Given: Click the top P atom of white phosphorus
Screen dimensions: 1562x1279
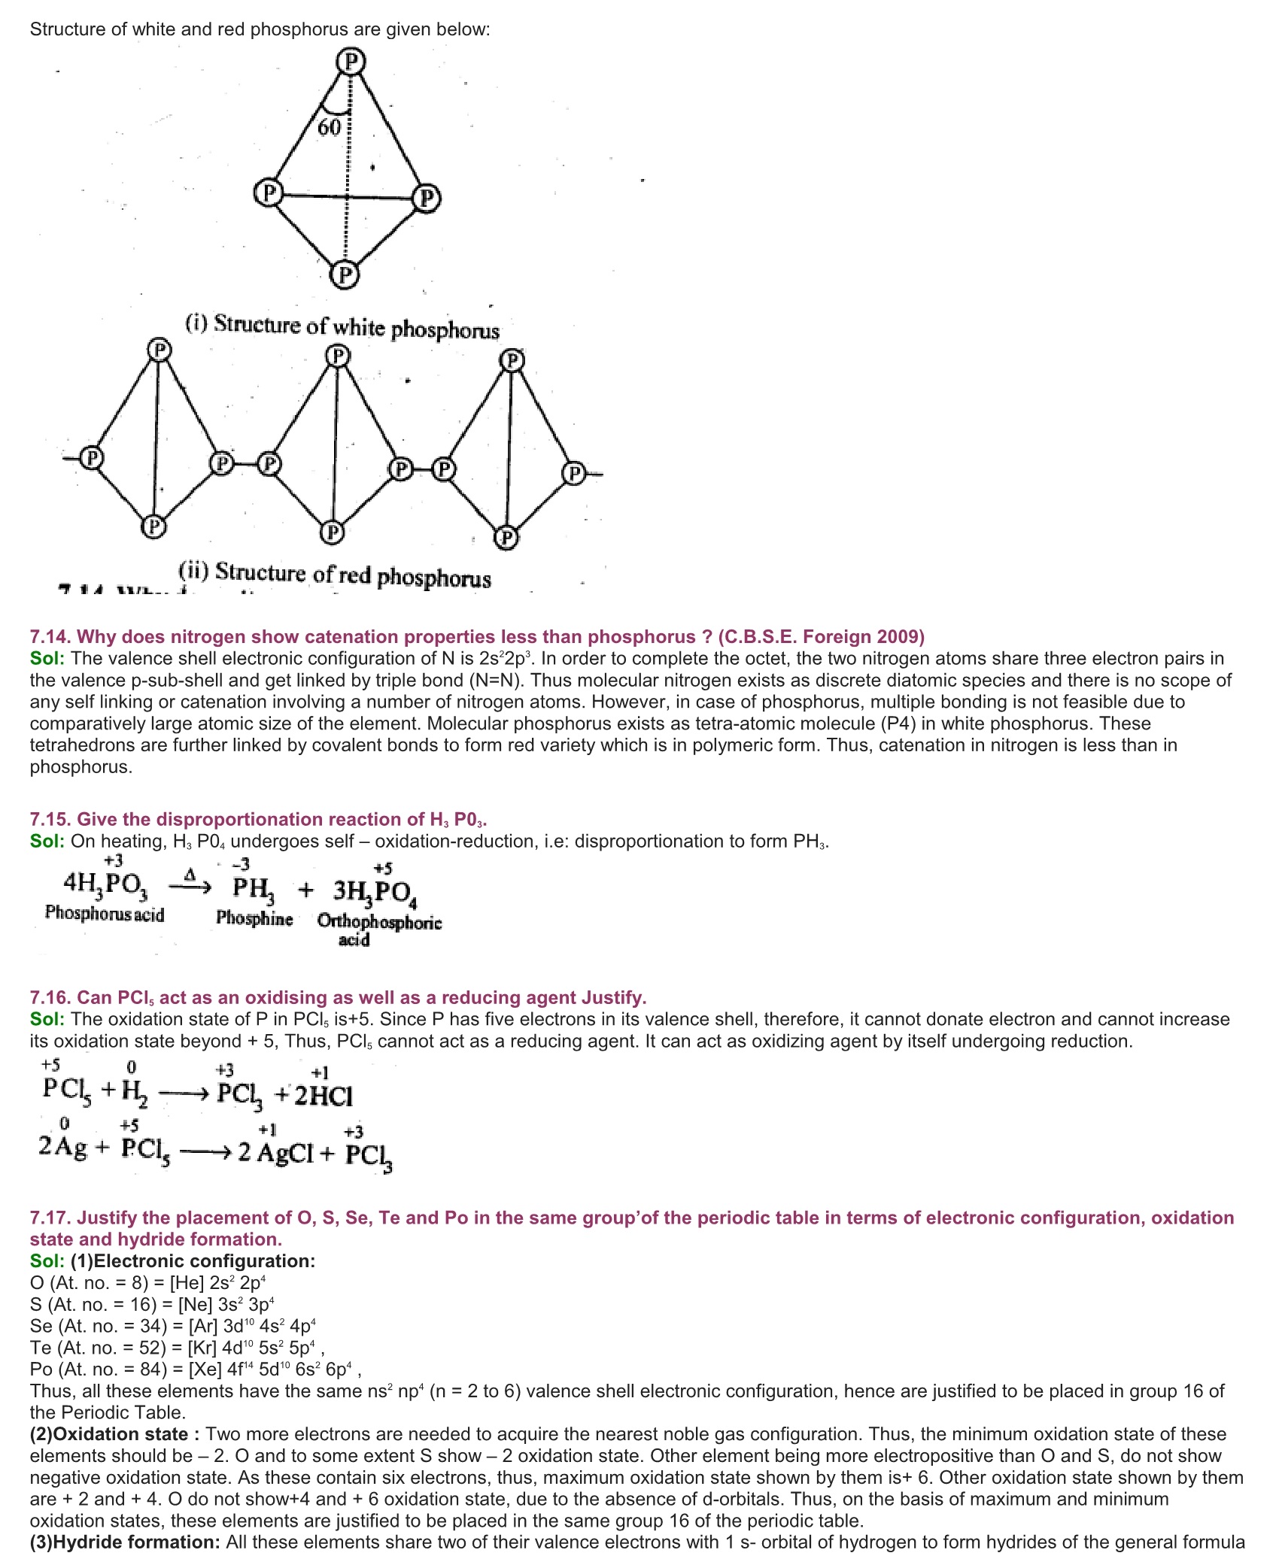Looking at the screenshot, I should tap(350, 61).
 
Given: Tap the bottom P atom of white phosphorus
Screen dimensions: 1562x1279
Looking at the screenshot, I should tap(345, 274).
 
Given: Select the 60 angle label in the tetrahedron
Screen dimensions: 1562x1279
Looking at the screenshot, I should tap(330, 128).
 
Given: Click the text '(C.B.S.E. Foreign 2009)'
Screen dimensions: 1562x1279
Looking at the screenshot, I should tap(821, 637).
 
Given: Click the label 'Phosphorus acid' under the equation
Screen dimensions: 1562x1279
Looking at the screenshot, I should tap(105, 914).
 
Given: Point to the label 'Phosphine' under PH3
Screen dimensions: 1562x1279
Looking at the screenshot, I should tap(254, 918).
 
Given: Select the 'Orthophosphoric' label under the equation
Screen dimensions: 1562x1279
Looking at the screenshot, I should tap(379, 922).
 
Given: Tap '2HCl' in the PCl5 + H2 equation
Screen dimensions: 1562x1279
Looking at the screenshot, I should tap(324, 1096).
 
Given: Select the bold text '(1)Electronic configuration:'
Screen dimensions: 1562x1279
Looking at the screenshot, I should tap(193, 1261).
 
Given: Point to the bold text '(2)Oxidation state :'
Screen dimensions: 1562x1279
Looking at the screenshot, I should tap(115, 1434).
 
